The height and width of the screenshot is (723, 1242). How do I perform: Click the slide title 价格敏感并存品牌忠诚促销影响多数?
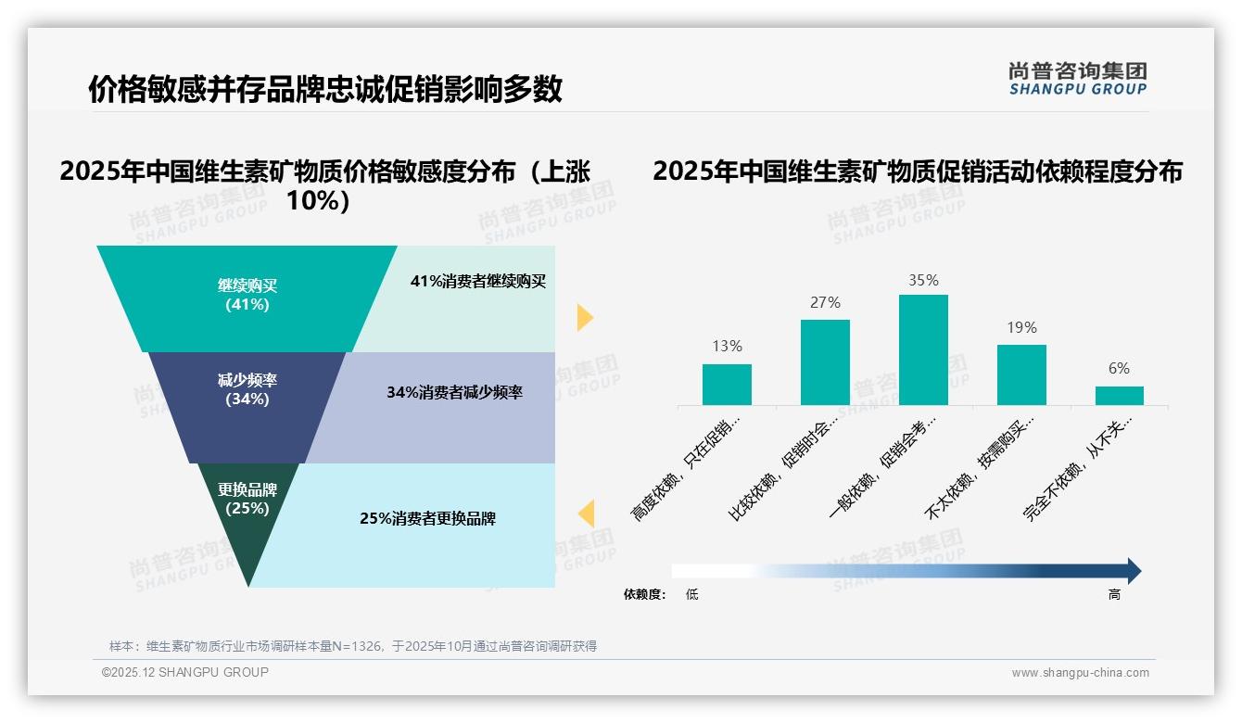(325, 89)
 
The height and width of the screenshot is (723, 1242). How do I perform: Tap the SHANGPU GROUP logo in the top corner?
(1077, 79)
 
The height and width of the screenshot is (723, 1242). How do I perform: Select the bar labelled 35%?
(923, 350)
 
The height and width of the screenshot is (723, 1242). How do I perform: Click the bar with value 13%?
(727, 385)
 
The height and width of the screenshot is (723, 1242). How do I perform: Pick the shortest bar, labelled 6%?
(1119, 396)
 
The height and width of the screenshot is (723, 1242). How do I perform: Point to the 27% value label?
(825, 302)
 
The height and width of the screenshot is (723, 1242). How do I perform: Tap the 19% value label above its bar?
(1021, 327)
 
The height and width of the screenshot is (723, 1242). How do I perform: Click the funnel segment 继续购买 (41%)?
(247, 296)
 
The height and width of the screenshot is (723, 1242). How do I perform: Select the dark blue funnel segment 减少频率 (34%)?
(247, 390)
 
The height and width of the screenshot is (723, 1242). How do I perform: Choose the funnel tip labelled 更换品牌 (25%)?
(247, 505)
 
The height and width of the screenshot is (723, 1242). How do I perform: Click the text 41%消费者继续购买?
(478, 282)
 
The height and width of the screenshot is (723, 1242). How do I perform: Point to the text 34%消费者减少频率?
(454, 392)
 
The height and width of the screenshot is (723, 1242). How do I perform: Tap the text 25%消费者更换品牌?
(427, 518)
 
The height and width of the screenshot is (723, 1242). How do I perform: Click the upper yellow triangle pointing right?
(584, 317)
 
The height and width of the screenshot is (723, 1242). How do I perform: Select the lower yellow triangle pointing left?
(586, 513)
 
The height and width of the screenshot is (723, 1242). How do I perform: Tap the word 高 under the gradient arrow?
(1114, 594)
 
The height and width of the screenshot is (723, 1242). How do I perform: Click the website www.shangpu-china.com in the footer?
(1080, 673)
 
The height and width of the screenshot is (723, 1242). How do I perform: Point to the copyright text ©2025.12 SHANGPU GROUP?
(185, 672)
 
